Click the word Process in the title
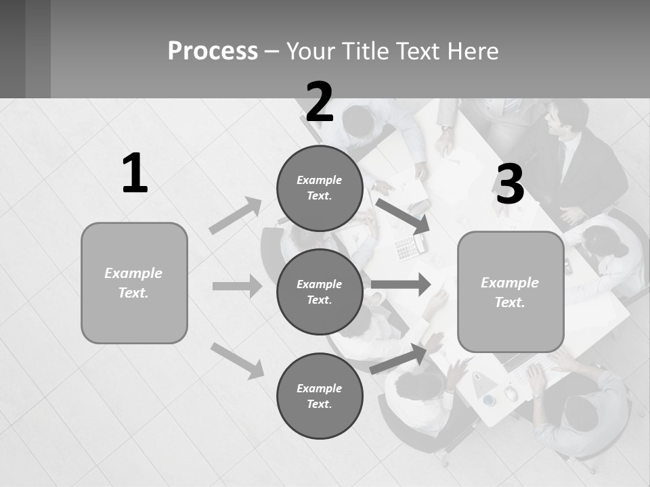[213, 51]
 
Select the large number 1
[135, 174]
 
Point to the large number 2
[320, 102]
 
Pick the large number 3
[510, 185]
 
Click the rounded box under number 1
[134, 283]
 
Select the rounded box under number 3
[511, 292]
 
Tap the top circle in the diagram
[320, 188]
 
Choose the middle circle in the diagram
[320, 292]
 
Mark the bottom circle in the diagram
[320, 396]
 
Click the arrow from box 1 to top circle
[236, 215]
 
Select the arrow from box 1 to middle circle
[237, 286]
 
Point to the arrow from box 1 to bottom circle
[238, 360]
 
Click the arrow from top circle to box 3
[403, 216]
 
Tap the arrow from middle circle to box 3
[401, 284]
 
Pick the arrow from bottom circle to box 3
[399, 358]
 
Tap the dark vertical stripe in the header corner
[38, 49]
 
